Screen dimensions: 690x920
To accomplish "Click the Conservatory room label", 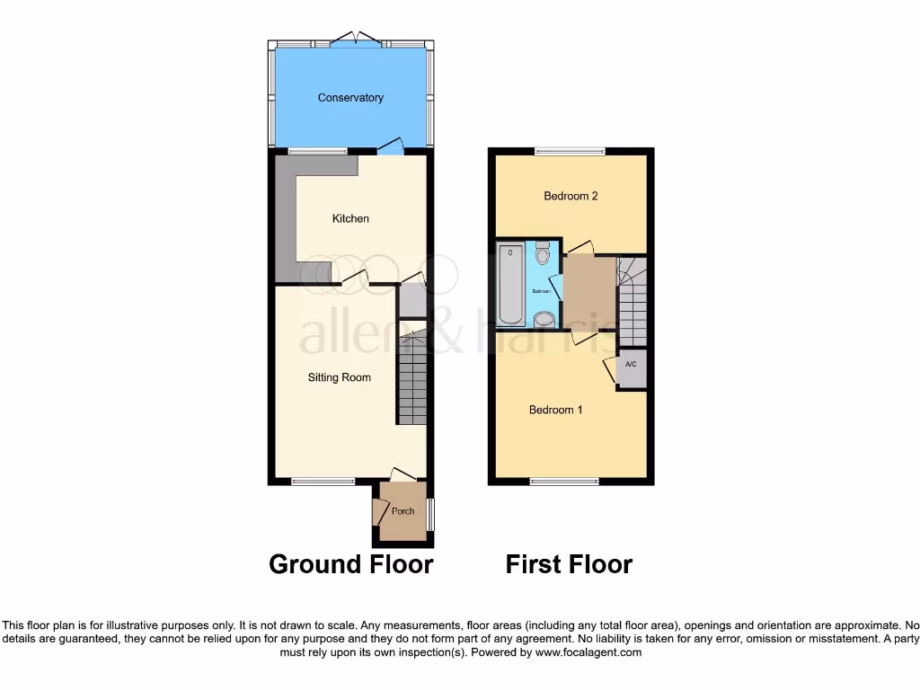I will click(x=350, y=98).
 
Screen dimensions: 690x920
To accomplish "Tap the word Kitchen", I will click(x=350, y=219).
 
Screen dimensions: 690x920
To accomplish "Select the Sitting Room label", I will click(x=339, y=378).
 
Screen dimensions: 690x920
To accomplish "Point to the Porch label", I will click(x=403, y=512).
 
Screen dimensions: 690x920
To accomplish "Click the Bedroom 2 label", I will click(x=571, y=197).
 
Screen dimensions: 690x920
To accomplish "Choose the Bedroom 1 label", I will click(x=555, y=411).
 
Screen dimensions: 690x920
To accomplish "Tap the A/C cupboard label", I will click(x=631, y=365).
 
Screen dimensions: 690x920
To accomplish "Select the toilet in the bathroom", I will click(x=543, y=253).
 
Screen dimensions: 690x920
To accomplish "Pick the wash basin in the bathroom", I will click(x=544, y=319).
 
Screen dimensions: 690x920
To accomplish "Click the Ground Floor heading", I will click(x=351, y=564).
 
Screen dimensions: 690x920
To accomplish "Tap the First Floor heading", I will click(x=569, y=564).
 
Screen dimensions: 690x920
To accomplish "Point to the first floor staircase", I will click(x=632, y=301).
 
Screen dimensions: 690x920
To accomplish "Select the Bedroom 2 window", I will click(x=570, y=151).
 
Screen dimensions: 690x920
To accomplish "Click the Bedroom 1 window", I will click(x=564, y=482).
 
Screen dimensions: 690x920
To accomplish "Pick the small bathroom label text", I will click(x=541, y=292).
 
